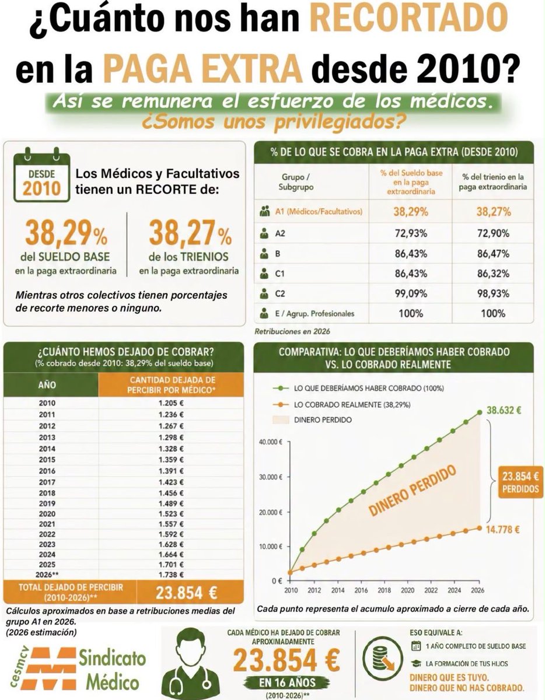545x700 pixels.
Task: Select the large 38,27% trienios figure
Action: [190, 233]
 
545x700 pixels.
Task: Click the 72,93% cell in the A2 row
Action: [411, 233]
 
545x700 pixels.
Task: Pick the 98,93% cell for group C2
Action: [493, 293]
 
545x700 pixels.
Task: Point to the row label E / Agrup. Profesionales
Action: [315, 313]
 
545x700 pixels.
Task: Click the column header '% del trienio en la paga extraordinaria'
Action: [493, 181]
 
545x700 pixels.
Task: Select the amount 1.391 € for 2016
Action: [171, 471]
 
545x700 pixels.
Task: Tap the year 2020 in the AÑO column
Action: [47, 514]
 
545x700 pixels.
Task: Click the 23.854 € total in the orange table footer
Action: [186, 593]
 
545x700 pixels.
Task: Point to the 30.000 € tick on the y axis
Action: [271, 477]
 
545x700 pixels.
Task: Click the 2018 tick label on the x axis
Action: [384, 590]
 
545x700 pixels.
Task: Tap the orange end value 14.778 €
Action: [502, 530]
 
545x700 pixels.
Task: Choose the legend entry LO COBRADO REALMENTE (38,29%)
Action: [352, 405]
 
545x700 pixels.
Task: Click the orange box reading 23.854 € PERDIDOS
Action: [520, 482]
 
